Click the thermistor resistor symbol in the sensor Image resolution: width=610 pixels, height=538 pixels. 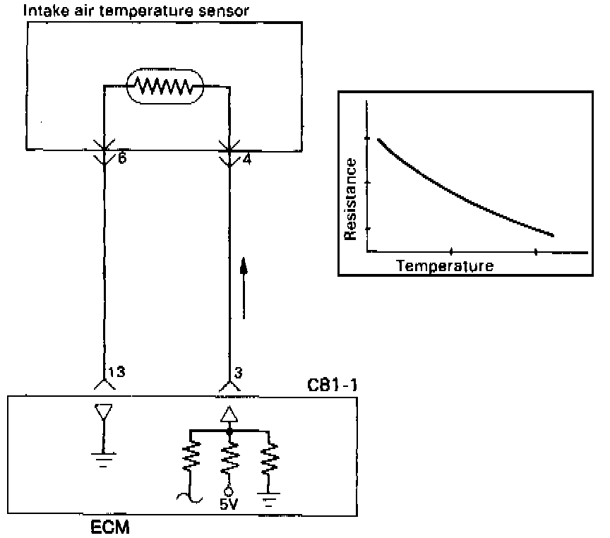pos(165,86)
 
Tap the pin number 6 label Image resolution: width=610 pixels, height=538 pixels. pos(122,159)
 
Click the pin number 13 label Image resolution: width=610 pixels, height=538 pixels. pos(117,372)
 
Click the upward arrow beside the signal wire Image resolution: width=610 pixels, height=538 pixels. pos(244,289)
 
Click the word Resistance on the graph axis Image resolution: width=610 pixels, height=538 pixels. pos(350,199)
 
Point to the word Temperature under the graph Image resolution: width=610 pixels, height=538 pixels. pos(444,266)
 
